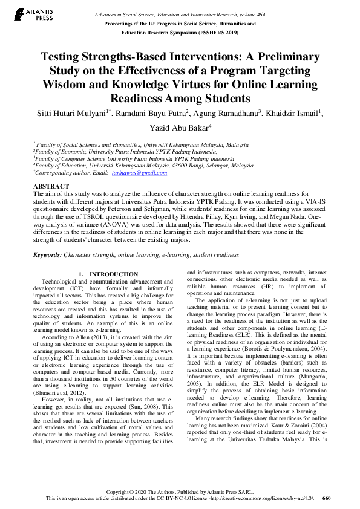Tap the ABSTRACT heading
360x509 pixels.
tap(51, 186)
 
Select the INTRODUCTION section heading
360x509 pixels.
tap(113, 274)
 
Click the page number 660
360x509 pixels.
tap(327, 498)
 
